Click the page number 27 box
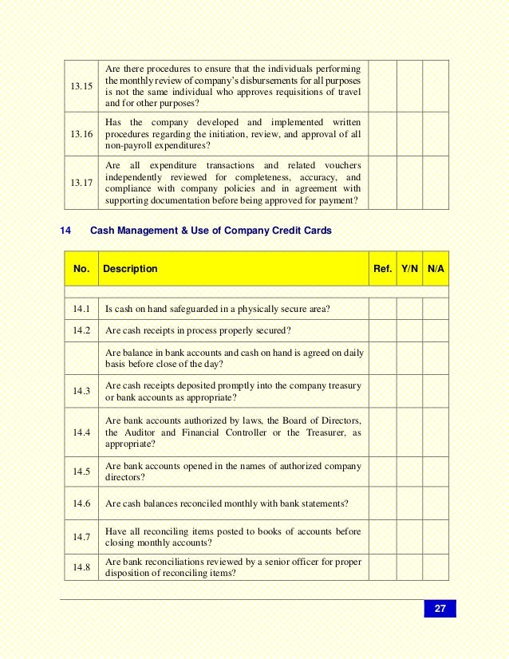pos(440,610)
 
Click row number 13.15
pos(81,85)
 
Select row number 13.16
pos(81,134)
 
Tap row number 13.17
pos(81,183)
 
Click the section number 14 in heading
pos(66,231)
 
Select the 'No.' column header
pos(81,269)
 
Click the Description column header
pos(130,269)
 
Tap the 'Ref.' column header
pos(382,269)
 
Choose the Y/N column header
pos(409,269)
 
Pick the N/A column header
pos(436,269)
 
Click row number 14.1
pos(81,309)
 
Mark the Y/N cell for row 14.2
pos(409,330)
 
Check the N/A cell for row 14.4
pos(436,432)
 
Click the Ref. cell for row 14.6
pos(382,503)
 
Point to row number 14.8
pos(81,567)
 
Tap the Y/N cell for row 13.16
pos(409,134)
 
